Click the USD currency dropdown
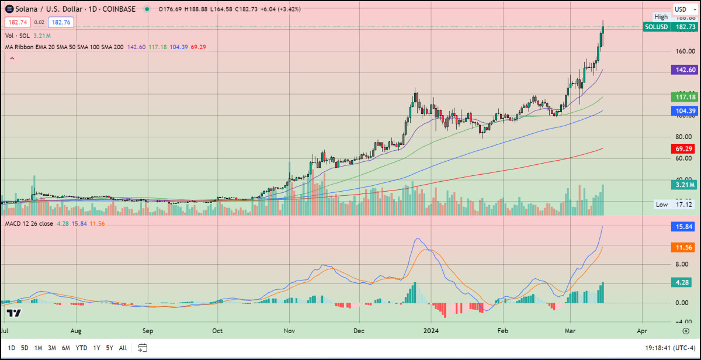pyautogui.click(x=682, y=9)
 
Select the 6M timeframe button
pyautogui.click(x=67, y=348)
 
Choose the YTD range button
pyautogui.click(x=82, y=348)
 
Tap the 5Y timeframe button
pyautogui.click(x=109, y=348)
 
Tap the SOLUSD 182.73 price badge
pyautogui.click(x=670, y=27)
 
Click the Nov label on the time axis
pyautogui.click(x=289, y=330)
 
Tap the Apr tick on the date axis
pyautogui.click(x=642, y=330)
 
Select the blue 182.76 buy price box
pyautogui.click(x=61, y=22)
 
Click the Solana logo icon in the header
pyautogui.click(x=9, y=9)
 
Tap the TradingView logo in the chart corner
pyautogui.click(x=14, y=313)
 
